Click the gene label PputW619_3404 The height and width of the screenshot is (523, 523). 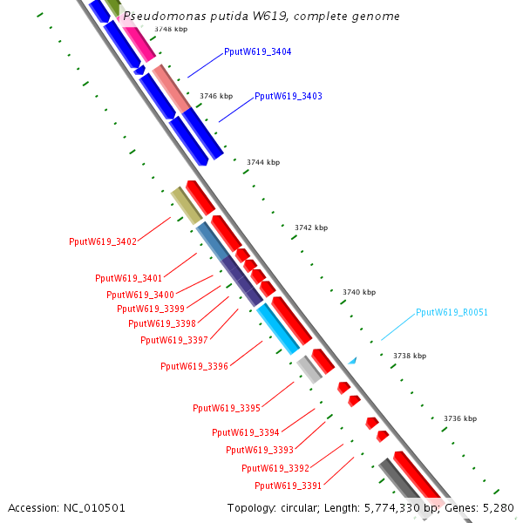pos(257,52)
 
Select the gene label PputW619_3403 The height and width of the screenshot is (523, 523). pos(289,96)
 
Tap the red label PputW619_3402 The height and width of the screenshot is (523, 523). pos(103,241)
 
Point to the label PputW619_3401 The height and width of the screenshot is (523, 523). pos(129,278)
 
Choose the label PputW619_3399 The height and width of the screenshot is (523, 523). pos(151,309)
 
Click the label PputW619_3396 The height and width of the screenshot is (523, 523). pos(194,367)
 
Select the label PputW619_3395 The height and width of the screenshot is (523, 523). pos(227,408)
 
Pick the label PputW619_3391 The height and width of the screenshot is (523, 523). pos(289,486)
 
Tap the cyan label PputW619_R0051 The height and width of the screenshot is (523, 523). pos(452,312)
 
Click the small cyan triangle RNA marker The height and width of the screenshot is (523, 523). pos(352,360)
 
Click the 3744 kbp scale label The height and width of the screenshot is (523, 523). pos(263,162)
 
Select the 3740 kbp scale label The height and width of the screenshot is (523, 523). pos(359,292)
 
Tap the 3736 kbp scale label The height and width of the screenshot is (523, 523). pos(460,418)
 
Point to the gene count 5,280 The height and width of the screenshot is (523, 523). pos(498,508)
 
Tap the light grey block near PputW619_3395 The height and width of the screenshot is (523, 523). pos(309,370)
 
